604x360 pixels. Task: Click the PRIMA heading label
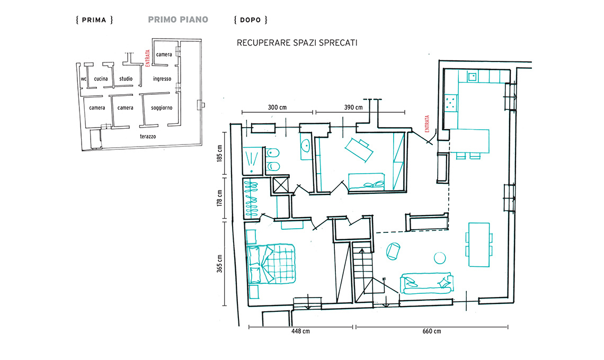click(94, 20)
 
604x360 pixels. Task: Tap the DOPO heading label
click(251, 20)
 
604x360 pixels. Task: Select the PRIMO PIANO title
click(178, 20)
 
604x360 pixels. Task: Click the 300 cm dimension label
click(277, 107)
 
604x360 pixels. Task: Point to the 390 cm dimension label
click(353, 107)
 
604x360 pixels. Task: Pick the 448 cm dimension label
click(300, 331)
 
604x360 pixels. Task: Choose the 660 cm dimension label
click(432, 331)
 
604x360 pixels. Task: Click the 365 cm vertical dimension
click(219, 264)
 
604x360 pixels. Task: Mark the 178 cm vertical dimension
click(219, 198)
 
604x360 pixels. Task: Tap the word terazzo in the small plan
click(148, 136)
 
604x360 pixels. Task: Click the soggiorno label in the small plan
click(162, 108)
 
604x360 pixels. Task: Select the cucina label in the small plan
click(101, 78)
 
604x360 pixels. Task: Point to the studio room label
click(126, 78)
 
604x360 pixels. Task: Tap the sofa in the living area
click(427, 283)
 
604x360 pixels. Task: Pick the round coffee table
click(440, 258)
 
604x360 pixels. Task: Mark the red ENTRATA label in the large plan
click(427, 124)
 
